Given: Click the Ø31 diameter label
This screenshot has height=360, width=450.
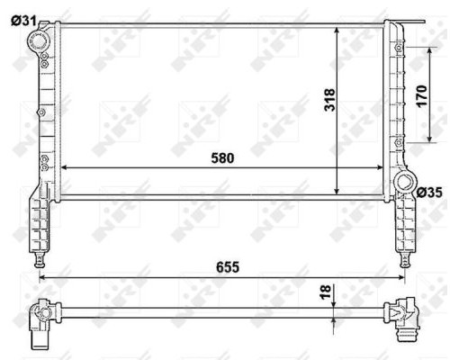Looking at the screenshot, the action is coord(23,21).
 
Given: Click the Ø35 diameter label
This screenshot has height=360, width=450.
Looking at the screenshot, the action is coord(429,193).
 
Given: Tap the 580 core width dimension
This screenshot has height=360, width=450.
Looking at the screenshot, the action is coord(222,158).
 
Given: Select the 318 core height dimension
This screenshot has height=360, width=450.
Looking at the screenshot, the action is coord(329,100).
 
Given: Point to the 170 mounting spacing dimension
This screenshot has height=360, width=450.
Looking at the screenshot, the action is coord(421,96).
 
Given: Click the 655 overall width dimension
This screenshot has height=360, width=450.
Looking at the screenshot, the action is coord(228,267).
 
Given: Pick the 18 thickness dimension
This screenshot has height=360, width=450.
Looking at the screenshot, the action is coord(326,292).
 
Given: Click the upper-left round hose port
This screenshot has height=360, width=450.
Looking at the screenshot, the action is coord(38,41).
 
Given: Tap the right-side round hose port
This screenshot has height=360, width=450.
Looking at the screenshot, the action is coord(405,182).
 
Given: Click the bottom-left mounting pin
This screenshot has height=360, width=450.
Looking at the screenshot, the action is coord(40,260).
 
